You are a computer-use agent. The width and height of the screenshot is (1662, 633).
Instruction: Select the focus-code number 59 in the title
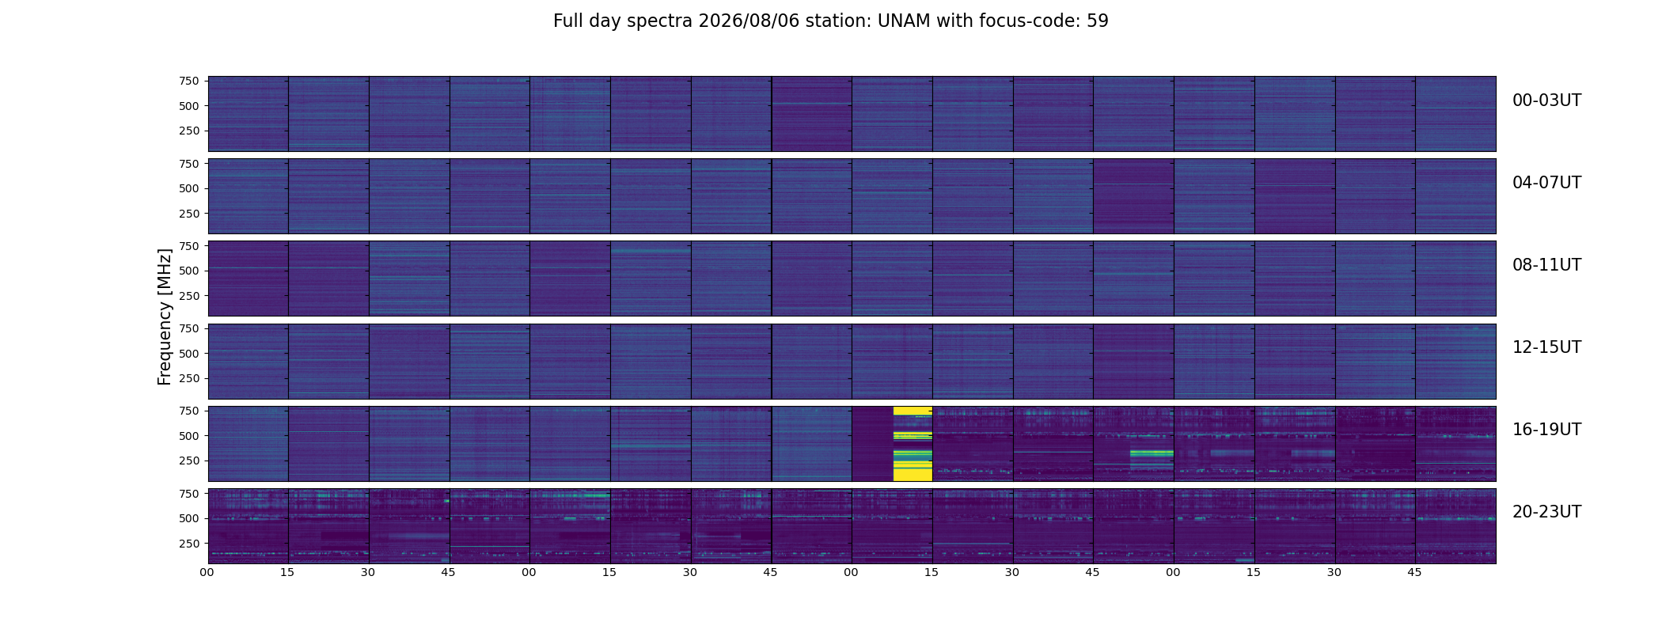coord(1098,21)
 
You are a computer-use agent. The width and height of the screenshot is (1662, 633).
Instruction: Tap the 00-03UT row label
coord(1546,100)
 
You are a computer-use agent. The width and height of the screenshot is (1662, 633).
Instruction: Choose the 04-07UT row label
coord(1546,183)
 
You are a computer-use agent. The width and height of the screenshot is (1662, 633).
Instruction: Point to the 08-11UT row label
coord(1546,265)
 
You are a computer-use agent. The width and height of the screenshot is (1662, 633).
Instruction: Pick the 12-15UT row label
coord(1546,347)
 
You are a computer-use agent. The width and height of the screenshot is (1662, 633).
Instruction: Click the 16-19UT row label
coord(1546,430)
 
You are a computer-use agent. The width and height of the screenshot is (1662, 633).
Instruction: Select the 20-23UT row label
coord(1546,512)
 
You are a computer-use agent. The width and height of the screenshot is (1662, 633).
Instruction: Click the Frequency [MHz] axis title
coord(165,316)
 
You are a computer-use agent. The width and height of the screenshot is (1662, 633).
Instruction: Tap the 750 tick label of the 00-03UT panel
coord(189,81)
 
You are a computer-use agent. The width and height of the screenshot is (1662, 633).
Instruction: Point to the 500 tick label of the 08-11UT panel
coord(189,271)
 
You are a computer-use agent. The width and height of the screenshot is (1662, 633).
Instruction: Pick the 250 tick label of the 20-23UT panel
coord(189,544)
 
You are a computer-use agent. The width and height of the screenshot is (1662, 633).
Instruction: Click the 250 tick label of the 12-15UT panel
coord(189,378)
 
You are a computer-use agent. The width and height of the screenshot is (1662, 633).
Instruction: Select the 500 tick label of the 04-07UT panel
coord(189,188)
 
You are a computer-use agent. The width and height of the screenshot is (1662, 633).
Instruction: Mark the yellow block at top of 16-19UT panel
coord(913,411)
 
